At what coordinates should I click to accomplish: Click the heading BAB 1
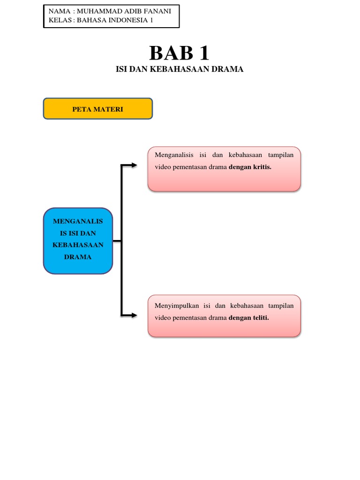[179, 54]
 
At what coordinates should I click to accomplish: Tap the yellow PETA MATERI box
[97, 109]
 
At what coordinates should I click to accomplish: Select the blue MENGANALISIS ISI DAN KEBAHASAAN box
[78, 241]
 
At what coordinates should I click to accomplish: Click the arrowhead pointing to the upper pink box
[134, 165]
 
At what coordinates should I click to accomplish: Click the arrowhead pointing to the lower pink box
[134, 315]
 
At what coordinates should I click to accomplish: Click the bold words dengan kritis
[250, 167]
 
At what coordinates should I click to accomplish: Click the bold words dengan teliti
[248, 317]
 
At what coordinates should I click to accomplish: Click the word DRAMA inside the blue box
[78, 257]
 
